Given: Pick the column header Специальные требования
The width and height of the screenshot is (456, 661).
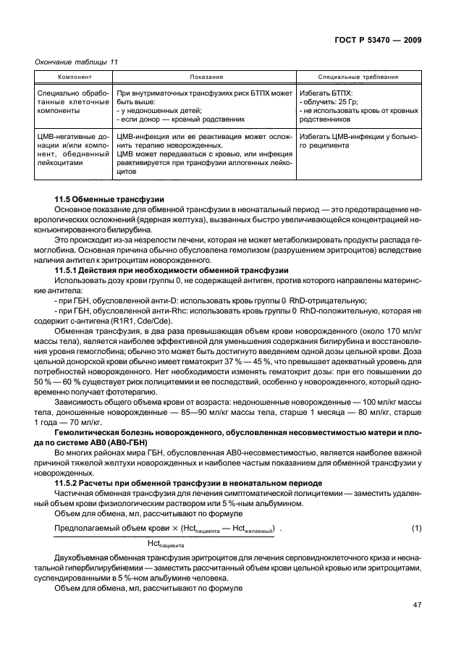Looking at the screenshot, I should point(358,77).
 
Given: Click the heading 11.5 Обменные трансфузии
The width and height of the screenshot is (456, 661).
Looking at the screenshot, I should point(109,199).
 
